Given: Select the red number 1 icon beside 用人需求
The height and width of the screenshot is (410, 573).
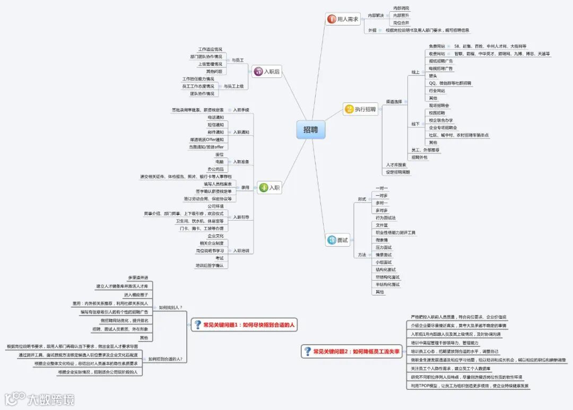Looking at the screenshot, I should [332, 19].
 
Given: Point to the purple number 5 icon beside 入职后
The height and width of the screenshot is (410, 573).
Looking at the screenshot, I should [258, 72].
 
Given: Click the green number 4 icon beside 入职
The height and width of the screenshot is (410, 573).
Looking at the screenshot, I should [264, 187].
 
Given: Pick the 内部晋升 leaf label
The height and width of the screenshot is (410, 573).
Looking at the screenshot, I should [401, 15].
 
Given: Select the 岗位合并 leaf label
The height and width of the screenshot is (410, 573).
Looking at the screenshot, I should [401, 23].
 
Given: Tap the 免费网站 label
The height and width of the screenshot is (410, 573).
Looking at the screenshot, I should [437, 47].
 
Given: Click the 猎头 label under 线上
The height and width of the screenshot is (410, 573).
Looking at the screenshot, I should [433, 76].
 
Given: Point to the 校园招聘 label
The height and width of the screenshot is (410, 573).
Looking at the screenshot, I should [437, 113].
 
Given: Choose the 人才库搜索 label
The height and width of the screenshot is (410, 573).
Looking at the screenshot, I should [396, 165].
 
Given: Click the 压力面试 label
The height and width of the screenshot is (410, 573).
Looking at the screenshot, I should [384, 247].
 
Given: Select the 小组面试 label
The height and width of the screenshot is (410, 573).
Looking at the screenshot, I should [384, 262].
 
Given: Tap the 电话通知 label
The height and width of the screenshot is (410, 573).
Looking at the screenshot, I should [215, 117].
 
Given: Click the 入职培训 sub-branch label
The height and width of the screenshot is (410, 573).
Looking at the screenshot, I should [241, 250].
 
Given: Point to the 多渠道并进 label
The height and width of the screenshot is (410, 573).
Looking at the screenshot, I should [138, 278].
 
